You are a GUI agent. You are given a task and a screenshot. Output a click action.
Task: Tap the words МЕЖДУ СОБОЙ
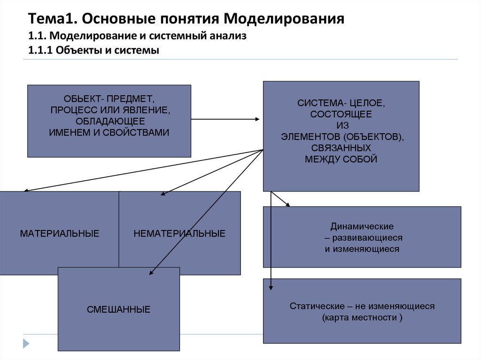click(341, 159)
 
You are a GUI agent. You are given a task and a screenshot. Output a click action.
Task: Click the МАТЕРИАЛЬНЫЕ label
click(59, 233)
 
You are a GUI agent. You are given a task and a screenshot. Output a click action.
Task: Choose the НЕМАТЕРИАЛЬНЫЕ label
click(179, 233)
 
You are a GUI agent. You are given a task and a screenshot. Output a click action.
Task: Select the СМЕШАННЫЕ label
click(118, 309)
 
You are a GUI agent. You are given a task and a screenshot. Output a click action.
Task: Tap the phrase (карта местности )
click(362, 318)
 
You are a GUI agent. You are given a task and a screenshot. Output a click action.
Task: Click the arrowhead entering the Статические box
click(271, 288)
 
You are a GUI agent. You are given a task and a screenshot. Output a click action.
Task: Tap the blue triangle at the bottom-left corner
click(26, 343)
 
